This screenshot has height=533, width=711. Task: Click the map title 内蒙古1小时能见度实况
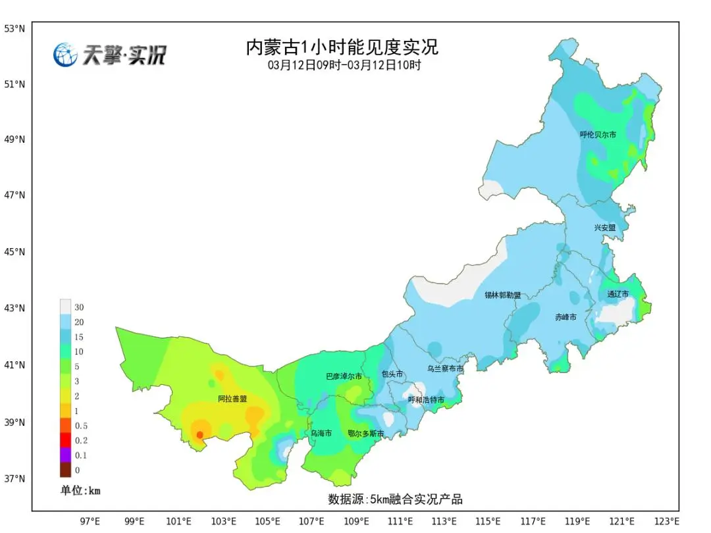342,48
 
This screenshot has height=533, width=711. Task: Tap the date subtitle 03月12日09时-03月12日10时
344,65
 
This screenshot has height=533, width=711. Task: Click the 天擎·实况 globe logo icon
65,55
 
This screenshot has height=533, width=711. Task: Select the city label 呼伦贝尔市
598,134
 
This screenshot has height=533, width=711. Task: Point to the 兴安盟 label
604,228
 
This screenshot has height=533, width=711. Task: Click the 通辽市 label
618,294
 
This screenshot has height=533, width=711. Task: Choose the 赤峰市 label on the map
565,317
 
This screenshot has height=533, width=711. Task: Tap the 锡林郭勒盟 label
502,295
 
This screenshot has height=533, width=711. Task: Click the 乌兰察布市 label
445,369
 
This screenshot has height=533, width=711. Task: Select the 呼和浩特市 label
425,400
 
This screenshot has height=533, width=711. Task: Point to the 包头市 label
392,374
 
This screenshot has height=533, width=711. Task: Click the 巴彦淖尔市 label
344,376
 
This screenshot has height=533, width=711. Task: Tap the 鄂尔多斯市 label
365,434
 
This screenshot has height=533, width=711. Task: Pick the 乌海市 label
321,434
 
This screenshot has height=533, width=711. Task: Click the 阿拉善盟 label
232,399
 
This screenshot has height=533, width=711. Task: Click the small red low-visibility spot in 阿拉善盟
199,434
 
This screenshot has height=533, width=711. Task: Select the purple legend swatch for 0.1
65,455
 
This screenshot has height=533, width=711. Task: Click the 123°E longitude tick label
667,521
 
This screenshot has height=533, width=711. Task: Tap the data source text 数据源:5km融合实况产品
395,499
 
